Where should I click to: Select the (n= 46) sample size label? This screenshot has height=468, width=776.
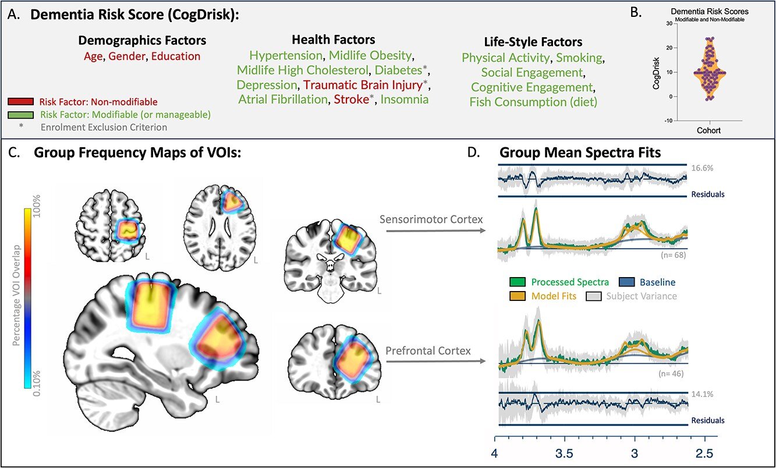click(x=672, y=374)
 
